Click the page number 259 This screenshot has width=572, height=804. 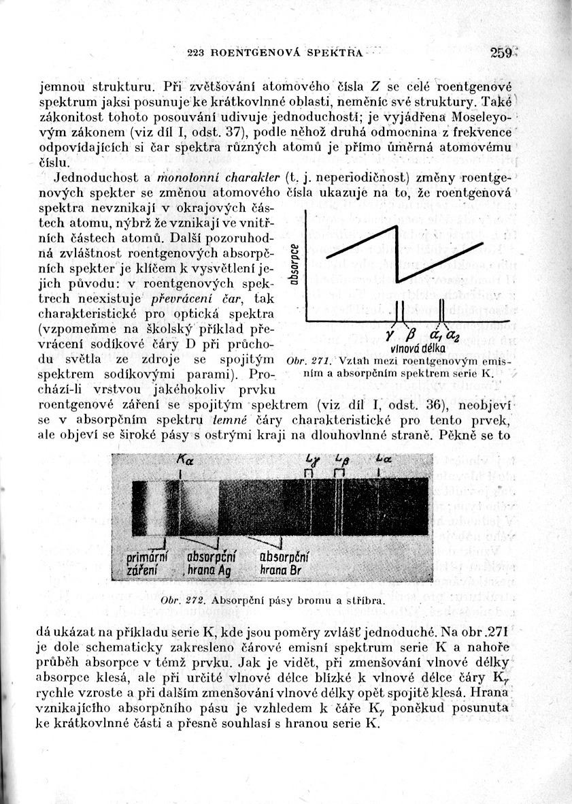pyautogui.click(x=501, y=53)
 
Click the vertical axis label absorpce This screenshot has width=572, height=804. pyautogui.click(x=294, y=265)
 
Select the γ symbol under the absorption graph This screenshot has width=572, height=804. pyautogui.click(x=388, y=335)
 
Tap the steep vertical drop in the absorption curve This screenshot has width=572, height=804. pyautogui.click(x=397, y=254)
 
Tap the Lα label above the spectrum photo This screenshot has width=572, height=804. pyautogui.click(x=381, y=461)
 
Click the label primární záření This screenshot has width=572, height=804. pyautogui.click(x=148, y=563)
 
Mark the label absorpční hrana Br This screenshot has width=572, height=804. pyautogui.click(x=280, y=563)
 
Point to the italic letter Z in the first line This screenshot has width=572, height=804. pyautogui.click(x=375, y=86)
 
